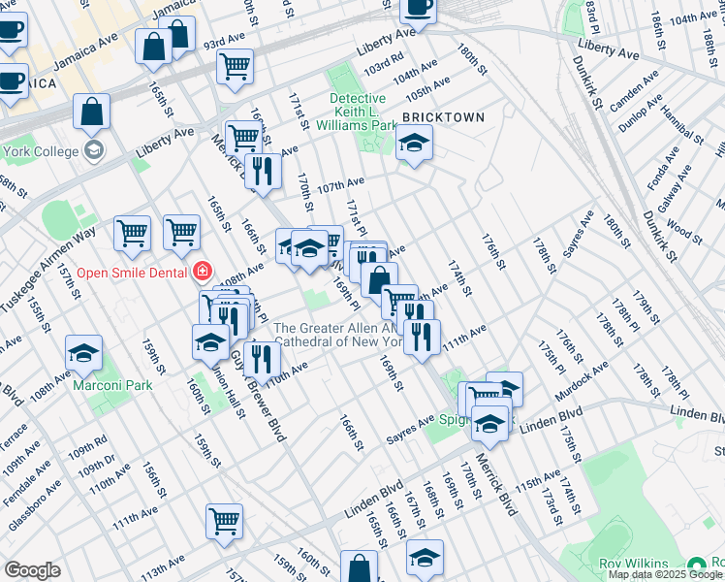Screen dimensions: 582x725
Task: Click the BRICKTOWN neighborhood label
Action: click(x=443, y=117)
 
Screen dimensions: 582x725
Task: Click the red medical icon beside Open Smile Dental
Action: click(x=202, y=272)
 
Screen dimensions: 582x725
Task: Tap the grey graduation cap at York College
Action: click(x=94, y=150)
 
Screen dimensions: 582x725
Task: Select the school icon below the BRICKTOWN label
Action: click(x=414, y=145)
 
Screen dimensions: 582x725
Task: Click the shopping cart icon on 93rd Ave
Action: click(x=235, y=68)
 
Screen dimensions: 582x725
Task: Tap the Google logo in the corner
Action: click(x=32, y=570)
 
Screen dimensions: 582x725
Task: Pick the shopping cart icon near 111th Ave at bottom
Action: click(x=224, y=521)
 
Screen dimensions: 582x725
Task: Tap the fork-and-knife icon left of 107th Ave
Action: click(x=263, y=172)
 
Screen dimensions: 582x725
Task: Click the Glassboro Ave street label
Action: click(x=29, y=500)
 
